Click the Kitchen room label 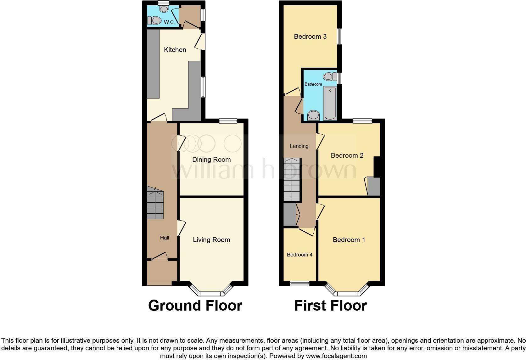pyautogui.click(x=175, y=50)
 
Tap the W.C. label pyautogui.click(x=169, y=22)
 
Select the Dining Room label pyautogui.click(x=211, y=160)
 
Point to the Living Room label pyautogui.click(x=211, y=240)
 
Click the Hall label pyautogui.click(x=165, y=238)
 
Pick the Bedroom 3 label pyautogui.click(x=310, y=37)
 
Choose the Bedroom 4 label pyautogui.click(x=299, y=255)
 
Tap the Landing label pyautogui.click(x=299, y=146)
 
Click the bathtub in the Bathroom pyautogui.click(x=330, y=104)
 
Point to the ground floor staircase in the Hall pyautogui.click(x=155, y=203)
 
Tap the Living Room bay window pyautogui.click(x=211, y=293)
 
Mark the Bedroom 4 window pyautogui.click(x=299, y=283)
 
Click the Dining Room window pyautogui.click(x=228, y=121)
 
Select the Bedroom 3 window pyautogui.click(x=340, y=37)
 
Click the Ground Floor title pyautogui.click(x=195, y=306)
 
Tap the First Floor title pyautogui.click(x=331, y=306)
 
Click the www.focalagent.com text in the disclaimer pyautogui.click(x=336, y=356)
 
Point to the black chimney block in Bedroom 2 pyautogui.click(x=377, y=167)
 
